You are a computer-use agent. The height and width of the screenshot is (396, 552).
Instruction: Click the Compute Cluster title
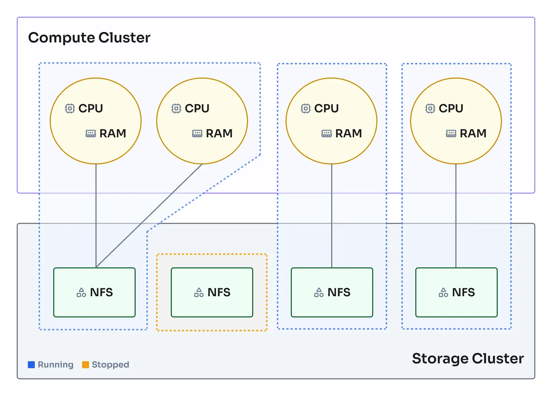click(89, 38)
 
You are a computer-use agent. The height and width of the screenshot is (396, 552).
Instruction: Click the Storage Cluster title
click(467, 358)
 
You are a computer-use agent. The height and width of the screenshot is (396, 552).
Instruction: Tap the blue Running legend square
click(31, 365)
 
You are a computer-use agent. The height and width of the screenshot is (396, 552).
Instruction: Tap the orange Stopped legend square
click(86, 365)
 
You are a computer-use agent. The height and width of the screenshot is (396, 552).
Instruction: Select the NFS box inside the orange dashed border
click(212, 292)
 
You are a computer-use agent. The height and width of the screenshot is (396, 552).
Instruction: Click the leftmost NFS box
click(94, 292)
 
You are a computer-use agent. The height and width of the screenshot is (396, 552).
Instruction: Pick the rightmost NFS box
click(456, 292)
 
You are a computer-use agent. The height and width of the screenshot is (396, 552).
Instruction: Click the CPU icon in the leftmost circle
click(70, 108)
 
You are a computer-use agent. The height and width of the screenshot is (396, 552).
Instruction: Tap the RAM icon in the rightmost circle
click(451, 134)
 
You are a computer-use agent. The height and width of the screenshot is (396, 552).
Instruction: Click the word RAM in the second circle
click(219, 134)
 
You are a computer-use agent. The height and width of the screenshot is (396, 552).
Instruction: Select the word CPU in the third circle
click(326, 108)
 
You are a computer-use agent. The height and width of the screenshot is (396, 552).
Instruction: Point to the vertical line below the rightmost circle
click(456, 216)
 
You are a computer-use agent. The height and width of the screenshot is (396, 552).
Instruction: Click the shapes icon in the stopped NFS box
click(199, 292)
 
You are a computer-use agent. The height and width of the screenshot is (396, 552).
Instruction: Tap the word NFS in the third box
click(339, 292)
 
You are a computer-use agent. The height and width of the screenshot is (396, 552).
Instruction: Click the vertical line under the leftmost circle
click(96, 216)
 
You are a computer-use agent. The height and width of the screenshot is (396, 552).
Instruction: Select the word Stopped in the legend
click(110, 365)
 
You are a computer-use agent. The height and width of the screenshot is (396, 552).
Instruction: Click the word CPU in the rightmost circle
click(451, 108)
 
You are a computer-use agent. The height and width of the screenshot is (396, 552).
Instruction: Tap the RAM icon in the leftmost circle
click(91, 134)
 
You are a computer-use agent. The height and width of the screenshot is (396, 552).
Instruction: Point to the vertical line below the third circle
click(331, 216)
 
